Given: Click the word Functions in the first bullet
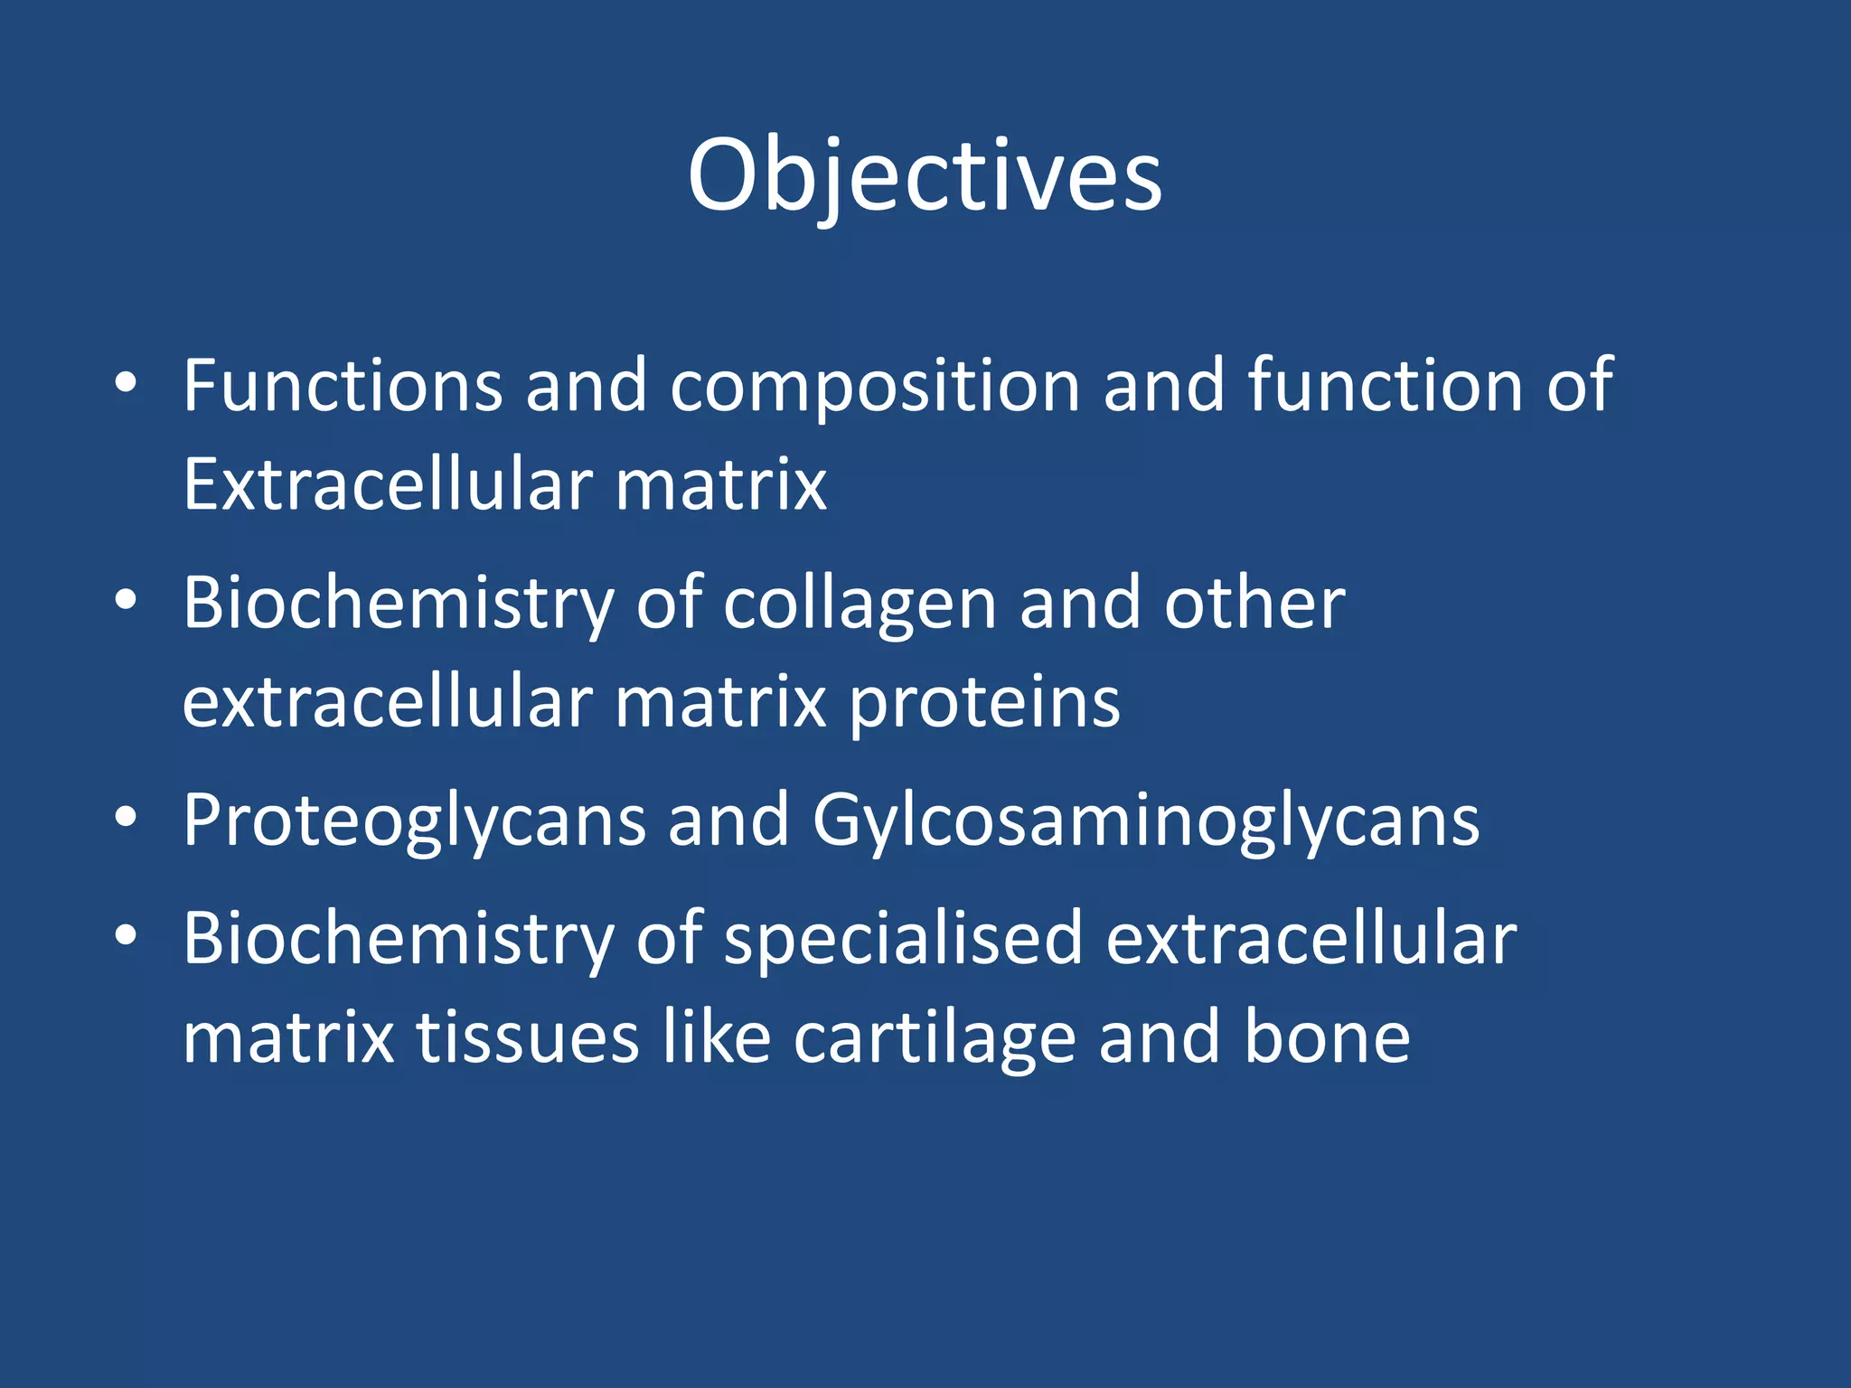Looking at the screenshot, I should (343, 386).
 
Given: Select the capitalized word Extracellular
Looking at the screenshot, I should (387, 484).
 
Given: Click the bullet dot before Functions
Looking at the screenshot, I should (126, 384).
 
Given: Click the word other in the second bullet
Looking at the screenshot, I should (1254, 603).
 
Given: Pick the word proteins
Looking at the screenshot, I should (985, 704).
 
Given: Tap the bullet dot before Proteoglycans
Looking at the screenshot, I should (126, 818).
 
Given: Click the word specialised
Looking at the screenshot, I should (903, 940).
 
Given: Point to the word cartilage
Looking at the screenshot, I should (935, 1038).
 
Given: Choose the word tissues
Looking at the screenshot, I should (528, 1038).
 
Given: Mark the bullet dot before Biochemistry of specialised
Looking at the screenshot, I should (126, 937).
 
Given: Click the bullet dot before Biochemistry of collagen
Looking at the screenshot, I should (126, 601).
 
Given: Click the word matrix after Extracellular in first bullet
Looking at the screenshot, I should (720, 484).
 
